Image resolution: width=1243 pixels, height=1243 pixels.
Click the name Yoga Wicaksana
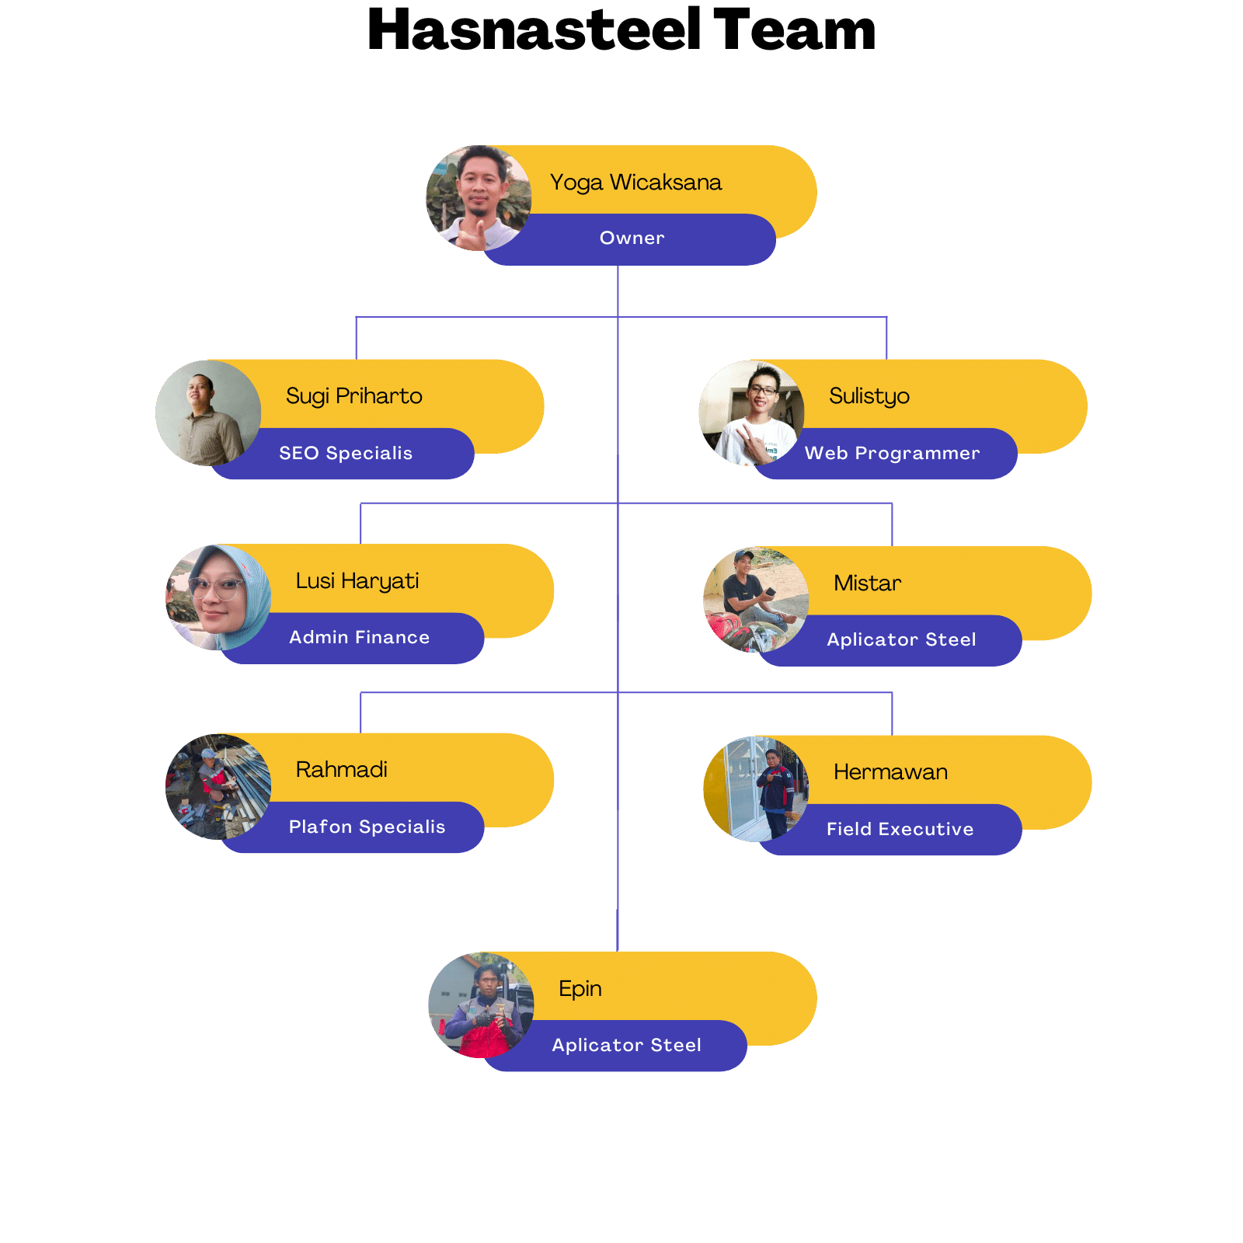click(635, 183)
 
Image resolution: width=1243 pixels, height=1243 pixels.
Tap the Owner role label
click(632, 239)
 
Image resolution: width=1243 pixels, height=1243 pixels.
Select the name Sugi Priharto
click(353, 396)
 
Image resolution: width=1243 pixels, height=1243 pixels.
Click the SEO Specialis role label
click(346, 454)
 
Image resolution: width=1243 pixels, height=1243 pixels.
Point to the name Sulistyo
click(869, 396)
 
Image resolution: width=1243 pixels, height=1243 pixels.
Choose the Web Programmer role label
click(892, 454)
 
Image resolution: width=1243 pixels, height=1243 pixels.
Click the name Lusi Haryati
click(357, 581)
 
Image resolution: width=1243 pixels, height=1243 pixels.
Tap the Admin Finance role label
click(359, 638)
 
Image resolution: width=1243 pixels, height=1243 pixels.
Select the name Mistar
click(867, 583)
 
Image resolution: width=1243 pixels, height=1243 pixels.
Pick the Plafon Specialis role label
click(367, 827)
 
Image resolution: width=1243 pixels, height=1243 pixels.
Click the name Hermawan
click(890, 772)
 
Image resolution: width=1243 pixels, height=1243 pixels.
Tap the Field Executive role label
click(900, 830)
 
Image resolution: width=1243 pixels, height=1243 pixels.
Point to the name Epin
click(580, 989)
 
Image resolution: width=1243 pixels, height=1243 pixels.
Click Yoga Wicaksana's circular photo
click(479, 198)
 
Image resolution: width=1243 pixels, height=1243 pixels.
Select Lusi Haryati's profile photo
click(218, 597)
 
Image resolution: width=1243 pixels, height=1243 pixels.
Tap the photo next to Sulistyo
click(751, 413)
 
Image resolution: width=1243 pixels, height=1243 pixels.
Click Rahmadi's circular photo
click(218, 786)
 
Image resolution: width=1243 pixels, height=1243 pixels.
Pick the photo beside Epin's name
click(481, 1004)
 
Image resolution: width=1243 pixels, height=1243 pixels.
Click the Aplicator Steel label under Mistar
click(901, 640)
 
